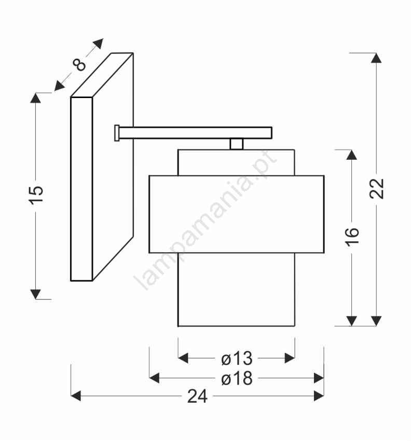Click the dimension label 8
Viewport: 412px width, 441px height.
tap(79, 65)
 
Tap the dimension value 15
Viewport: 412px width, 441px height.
tap(36, 195)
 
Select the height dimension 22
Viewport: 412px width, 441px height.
tap(376, 189)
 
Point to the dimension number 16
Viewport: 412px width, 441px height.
tap(352, 238)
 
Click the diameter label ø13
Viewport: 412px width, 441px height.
tap(237, 359)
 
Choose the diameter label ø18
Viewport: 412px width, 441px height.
tap(237, 378)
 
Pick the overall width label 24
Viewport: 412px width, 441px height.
tap(197, 396)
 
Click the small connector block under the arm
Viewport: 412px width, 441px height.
tap(237, 144)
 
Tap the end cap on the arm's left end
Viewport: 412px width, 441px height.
tap(117, 133)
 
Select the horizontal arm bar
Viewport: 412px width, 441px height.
tap(196, 133)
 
